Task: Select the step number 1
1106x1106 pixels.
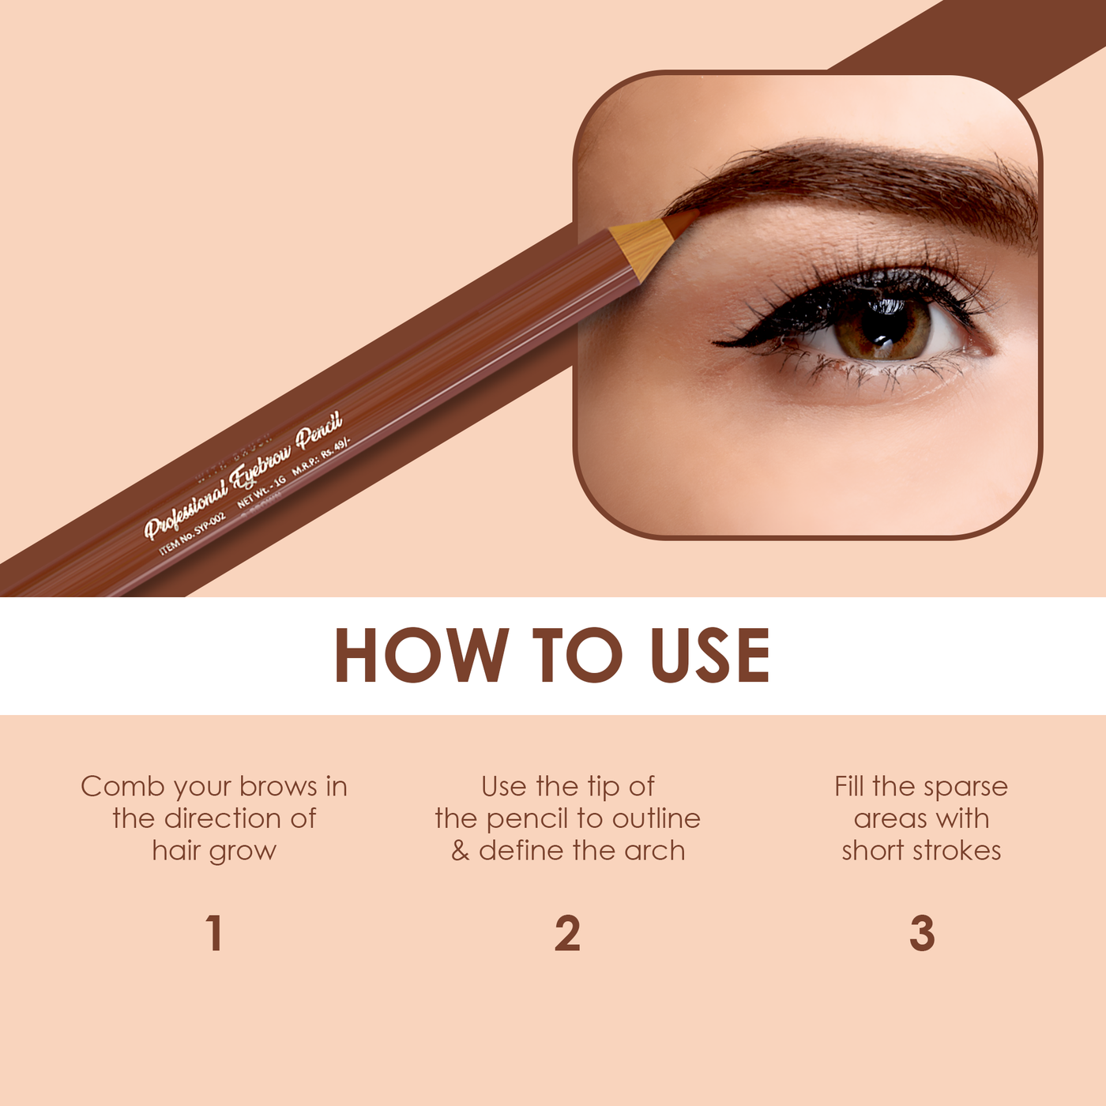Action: point(214,933)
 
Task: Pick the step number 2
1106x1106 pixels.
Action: point(567,933)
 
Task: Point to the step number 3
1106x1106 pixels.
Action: point(922,933)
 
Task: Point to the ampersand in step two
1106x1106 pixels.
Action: point(460,851)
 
